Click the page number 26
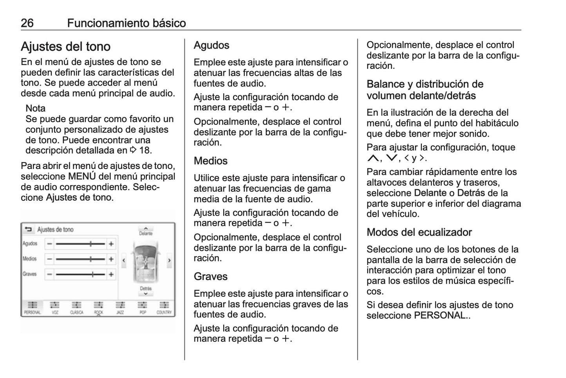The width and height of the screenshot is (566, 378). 27,23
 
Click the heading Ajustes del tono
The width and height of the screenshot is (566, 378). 65,47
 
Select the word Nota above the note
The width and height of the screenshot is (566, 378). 35,108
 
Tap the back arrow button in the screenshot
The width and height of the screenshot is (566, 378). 28,229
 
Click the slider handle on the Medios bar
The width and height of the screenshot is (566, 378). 91,259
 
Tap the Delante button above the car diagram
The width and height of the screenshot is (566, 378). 146,230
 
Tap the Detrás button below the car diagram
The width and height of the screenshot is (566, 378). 146,291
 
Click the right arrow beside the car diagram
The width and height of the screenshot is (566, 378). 169,260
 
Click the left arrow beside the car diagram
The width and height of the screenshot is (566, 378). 124,260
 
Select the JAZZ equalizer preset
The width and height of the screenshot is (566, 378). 120,308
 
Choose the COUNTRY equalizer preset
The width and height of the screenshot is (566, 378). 164,308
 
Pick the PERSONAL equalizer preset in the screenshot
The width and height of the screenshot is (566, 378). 33,308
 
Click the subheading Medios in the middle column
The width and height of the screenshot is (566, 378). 210,161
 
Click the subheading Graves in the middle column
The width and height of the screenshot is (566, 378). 210,277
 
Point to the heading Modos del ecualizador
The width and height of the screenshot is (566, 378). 419,232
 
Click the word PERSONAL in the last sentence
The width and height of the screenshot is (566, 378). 440,315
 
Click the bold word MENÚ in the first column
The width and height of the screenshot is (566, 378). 81,176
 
